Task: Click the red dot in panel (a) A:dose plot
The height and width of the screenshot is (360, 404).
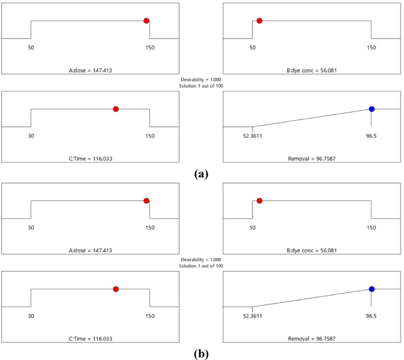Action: coord(146,21)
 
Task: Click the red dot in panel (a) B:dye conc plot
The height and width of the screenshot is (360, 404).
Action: coord(260,21)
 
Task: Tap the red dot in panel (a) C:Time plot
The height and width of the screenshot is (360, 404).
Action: coord(116,109)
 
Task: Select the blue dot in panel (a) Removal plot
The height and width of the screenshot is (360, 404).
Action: coord(372,109)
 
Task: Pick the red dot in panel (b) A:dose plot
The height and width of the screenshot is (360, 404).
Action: coord(146,201)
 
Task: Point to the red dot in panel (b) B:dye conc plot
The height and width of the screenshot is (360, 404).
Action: coord(260,201)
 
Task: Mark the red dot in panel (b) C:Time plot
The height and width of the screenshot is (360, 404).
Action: coord(116,289)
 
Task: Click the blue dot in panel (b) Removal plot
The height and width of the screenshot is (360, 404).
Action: coord(372,289)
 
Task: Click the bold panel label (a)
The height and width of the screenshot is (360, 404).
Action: coord(201,174)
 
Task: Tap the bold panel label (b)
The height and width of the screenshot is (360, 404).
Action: coord(201,354)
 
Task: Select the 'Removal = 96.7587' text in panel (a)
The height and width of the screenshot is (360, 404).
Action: coord(311,158)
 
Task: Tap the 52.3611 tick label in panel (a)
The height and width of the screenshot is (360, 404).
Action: coord(252,136)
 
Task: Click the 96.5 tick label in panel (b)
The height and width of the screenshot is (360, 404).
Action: coord(371,316)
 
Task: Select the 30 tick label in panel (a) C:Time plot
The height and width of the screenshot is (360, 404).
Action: coord(31,136)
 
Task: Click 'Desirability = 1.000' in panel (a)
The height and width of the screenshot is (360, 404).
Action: coord(201,80)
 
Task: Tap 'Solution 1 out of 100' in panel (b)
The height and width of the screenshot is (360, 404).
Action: coord(201,266)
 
